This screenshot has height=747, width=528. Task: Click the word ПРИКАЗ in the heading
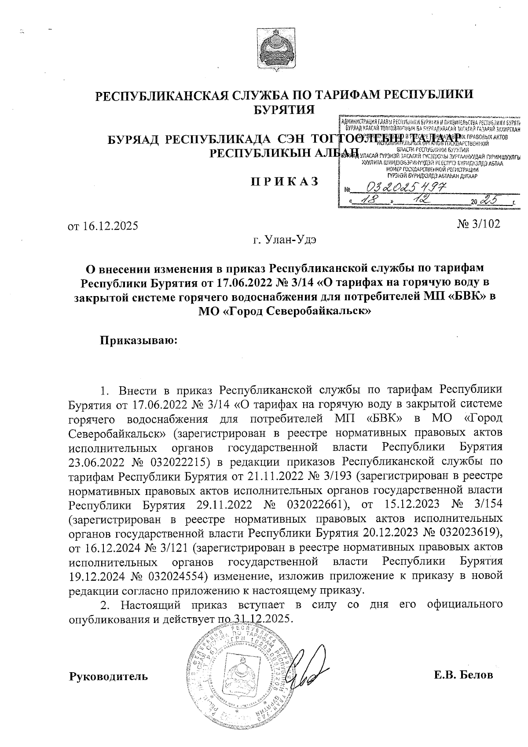(285, 181)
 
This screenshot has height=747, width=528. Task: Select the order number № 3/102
(479, 224)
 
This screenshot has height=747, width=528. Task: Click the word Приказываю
(139, 340)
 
